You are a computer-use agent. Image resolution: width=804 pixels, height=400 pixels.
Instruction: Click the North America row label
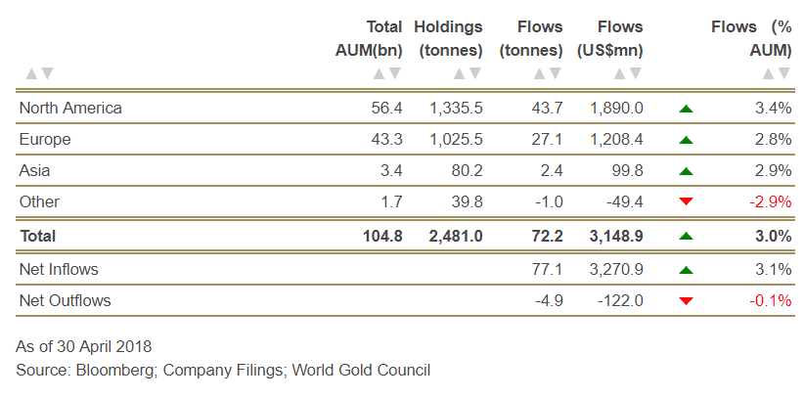70,108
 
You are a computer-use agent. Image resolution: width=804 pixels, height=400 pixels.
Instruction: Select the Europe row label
45,139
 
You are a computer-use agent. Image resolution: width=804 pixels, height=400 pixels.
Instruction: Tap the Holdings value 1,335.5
456,108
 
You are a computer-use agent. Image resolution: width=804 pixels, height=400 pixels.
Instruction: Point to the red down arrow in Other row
686,201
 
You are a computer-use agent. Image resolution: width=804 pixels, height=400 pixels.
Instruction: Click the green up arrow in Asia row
686,171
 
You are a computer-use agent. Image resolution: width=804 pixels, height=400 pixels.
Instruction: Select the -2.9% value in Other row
770,201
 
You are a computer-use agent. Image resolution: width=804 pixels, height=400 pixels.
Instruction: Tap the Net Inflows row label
59,269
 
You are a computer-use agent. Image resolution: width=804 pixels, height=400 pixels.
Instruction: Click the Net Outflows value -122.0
620,300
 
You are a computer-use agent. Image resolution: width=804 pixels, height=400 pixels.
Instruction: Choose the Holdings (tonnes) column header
448,38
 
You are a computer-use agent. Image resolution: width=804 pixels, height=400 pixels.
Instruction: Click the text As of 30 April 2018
84,346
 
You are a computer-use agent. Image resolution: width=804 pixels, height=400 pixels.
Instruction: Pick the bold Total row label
37,236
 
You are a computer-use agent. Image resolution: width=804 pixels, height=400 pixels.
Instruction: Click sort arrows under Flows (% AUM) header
777,73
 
